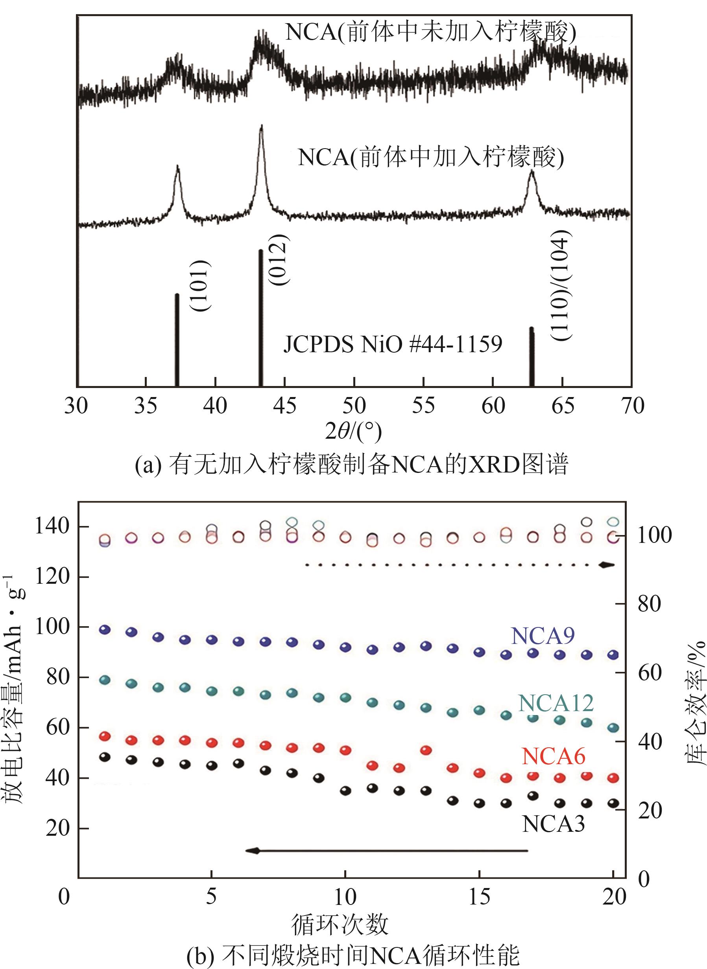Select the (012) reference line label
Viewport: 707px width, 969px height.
coord(279,259)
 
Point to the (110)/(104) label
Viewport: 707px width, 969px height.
coord(561,285)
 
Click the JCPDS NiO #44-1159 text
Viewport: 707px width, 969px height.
coord(392,344)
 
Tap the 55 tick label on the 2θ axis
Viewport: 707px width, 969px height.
coord(423,405)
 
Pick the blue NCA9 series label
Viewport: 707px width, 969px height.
coord(543,636)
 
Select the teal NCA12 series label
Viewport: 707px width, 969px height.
coord(556,703)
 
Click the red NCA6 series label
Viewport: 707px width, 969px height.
coord(553,756)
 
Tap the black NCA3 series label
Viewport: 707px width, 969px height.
coord(553,823)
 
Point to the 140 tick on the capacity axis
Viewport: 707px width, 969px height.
coord(52,526)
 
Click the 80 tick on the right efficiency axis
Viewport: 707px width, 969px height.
coord(649,603)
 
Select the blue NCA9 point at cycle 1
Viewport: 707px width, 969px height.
coord(105,629)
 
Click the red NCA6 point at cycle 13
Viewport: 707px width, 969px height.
coord(426,750)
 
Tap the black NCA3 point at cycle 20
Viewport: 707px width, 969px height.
coord(614,803)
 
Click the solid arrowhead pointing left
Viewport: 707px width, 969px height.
coord(253,851)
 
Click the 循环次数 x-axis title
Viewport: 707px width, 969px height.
coord(340,925)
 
